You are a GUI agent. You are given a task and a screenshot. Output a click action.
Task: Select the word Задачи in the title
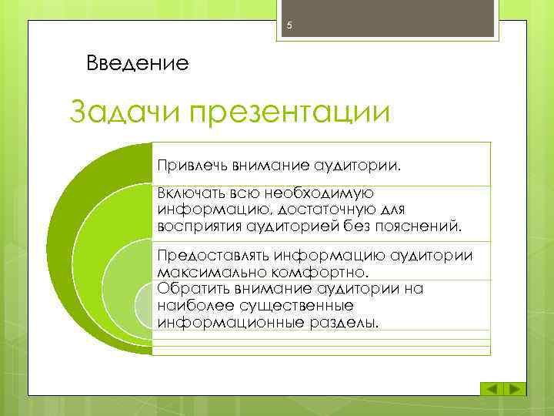(x=126, y=113)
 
